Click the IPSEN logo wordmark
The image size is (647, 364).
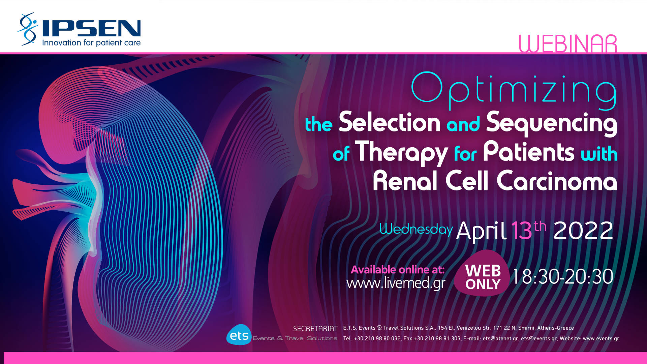91,28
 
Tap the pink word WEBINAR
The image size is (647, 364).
568,44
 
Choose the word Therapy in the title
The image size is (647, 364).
401,153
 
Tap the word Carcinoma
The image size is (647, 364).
557,181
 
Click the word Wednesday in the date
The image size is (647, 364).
416,229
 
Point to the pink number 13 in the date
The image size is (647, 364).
521,231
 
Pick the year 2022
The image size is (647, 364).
583,231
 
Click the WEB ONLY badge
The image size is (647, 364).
482,274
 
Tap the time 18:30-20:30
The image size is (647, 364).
563,277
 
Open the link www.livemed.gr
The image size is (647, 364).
396,283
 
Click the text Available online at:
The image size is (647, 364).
398,269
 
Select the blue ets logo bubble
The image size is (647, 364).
239,335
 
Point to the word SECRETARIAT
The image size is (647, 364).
315,329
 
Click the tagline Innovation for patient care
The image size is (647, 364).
91,43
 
